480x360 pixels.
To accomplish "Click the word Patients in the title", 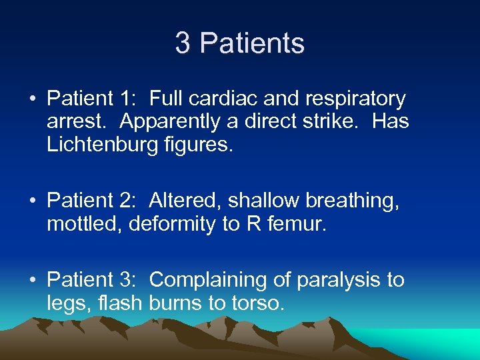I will tap(252, 44).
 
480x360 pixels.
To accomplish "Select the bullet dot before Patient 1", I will tap(32, 99).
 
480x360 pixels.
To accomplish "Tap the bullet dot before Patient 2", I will tap(32, 201).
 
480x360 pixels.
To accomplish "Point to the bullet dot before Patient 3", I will tap(32, 281).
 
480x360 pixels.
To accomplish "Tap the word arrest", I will tap(74, 122).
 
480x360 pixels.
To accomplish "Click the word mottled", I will tap(85, 223).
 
